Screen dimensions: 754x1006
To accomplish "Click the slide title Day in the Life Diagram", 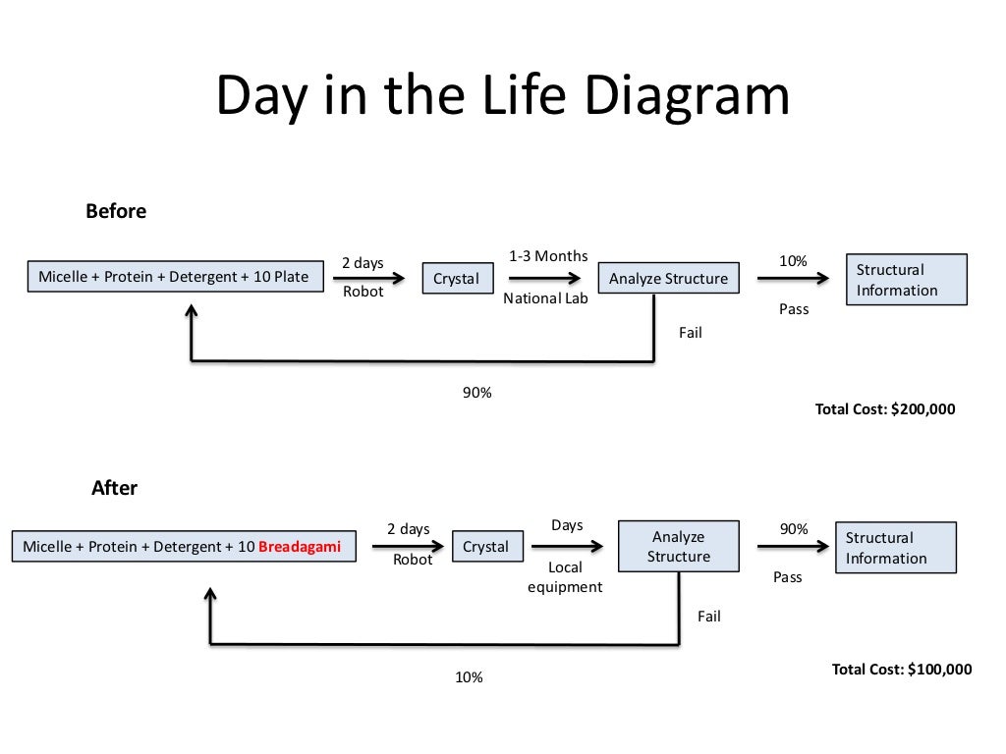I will [502, 97].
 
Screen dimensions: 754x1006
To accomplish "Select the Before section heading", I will [116, 211].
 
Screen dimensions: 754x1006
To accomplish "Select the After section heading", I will [115, 488].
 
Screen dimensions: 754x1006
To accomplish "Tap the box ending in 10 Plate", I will [174, 277].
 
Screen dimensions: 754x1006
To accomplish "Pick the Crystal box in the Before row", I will [456, 279].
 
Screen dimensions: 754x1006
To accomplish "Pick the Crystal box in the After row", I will [485, 547].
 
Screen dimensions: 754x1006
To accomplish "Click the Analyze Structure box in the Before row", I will [668, 279].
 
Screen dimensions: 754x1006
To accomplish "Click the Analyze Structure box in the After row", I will [678, 547].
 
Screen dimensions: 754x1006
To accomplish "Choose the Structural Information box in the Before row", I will [906, 280].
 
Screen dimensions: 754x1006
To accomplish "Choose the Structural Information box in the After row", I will [894, 548].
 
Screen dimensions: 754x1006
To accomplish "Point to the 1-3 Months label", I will [548, 256].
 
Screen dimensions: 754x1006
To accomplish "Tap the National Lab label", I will [545, 298].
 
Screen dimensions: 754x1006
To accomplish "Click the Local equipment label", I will [565, 577].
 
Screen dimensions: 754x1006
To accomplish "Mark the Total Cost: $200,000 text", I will [884, 409].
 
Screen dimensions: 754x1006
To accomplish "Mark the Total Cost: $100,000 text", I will [901, 670].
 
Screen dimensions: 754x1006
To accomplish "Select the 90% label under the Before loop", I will [476, 393].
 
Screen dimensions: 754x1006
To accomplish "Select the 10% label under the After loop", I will [468, 677].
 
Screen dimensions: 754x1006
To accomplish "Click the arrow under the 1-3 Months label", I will [545, 278].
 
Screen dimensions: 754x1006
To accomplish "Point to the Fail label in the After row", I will [708, 617].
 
